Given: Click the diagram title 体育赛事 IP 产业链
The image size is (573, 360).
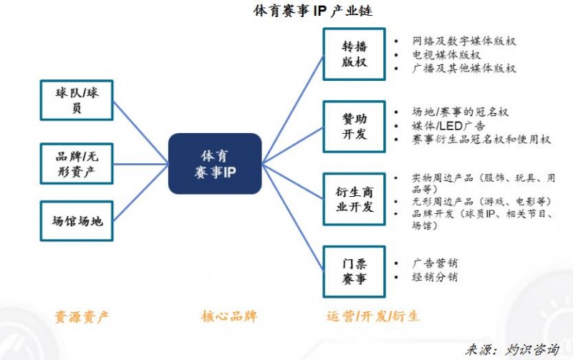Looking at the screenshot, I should pos(313,11).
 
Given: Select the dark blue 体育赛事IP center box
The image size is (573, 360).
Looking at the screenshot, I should pos(215,163).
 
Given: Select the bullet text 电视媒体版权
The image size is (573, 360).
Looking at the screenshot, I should pos(446,54).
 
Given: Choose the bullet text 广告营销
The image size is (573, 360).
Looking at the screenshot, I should pos(435,263).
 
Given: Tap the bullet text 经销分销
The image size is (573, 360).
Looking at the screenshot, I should pos(435,277).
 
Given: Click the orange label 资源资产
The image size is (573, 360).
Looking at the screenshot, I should pos(82,316).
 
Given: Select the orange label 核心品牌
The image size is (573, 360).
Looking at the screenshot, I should pos(228,316).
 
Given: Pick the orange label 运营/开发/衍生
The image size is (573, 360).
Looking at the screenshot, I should pos(372,316).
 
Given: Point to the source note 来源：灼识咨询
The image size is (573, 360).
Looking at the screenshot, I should pos(512,349).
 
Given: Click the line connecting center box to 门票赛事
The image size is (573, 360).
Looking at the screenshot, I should pos(292,218).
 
